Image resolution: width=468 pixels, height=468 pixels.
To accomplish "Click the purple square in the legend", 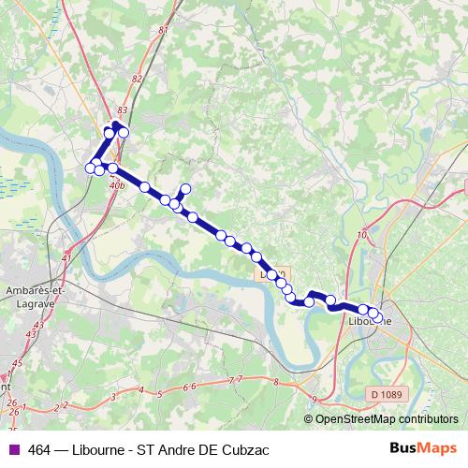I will coord(13,447).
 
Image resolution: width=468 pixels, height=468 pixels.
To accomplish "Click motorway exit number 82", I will coord(138,79).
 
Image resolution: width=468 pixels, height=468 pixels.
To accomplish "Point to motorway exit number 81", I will coord(164,31).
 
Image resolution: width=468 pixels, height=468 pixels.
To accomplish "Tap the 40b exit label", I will coord(117,186).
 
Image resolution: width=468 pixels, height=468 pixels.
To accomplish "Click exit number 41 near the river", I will coord(66,257).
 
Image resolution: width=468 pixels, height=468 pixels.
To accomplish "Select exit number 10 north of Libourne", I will coord(361,235).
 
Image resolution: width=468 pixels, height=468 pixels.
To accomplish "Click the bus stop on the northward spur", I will coord(185,189).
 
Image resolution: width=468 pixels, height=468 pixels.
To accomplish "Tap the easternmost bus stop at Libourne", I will coord(376,314).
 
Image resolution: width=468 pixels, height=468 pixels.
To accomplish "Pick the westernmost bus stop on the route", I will coord(91,168).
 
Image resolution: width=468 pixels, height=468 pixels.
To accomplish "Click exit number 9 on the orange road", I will coord(315,400).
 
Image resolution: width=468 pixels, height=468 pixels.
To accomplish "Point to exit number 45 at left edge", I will coord(16,362).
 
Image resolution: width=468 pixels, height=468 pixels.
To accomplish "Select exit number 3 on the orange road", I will coord(113,398).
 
